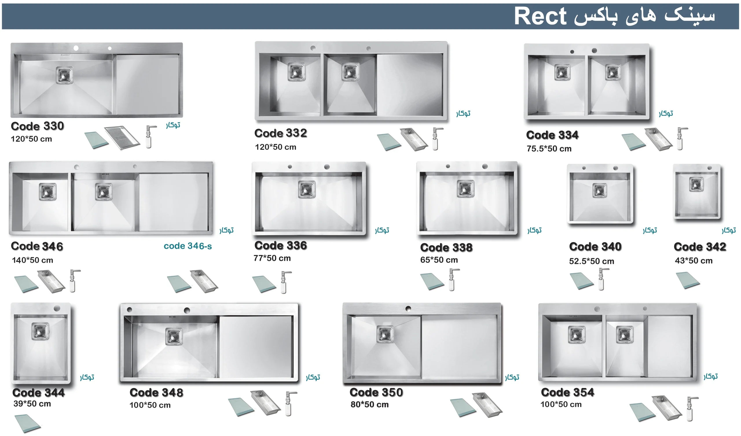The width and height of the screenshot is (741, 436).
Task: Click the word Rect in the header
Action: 540,16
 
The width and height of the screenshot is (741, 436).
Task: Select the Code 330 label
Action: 37,126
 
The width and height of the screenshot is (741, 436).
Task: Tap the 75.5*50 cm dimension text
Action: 549,149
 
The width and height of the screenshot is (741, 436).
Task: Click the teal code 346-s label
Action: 188,246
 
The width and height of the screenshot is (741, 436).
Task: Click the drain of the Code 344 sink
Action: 40,331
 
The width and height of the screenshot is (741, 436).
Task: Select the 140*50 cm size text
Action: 32,260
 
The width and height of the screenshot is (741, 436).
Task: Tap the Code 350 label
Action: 376,392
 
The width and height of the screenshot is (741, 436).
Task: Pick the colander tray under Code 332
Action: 414,139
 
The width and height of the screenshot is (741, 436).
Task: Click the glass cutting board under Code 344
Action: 27,423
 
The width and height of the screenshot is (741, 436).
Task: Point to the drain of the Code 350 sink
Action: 386,334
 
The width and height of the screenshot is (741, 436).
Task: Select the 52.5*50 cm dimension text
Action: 591,261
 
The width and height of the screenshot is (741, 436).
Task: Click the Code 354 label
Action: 568,392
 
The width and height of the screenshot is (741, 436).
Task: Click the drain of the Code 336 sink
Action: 307,189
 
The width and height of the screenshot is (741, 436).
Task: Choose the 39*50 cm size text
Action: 32,404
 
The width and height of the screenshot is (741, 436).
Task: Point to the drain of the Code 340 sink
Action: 599,191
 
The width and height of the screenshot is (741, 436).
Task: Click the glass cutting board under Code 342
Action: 688,280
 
